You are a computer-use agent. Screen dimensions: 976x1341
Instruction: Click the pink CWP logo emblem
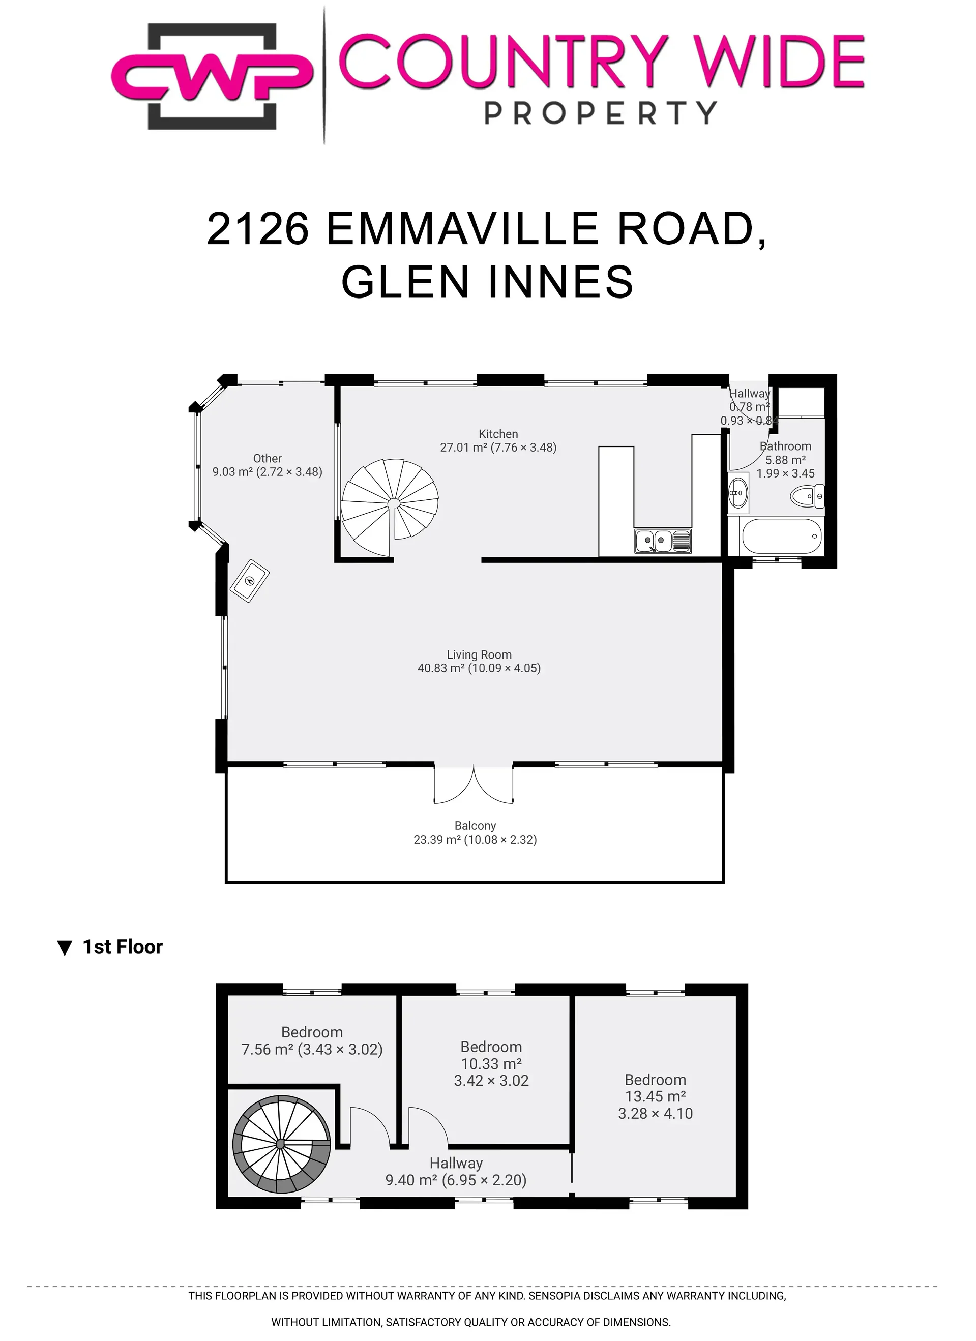point(212,76)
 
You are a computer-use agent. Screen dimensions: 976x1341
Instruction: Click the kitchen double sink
point(663,541)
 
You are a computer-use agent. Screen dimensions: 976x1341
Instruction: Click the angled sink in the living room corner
point(249,581)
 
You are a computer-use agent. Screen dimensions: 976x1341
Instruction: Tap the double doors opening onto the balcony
point(474,785)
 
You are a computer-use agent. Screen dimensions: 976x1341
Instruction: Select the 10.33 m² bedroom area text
point(491,1064)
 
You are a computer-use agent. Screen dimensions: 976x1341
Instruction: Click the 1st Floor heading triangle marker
point(65,948)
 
